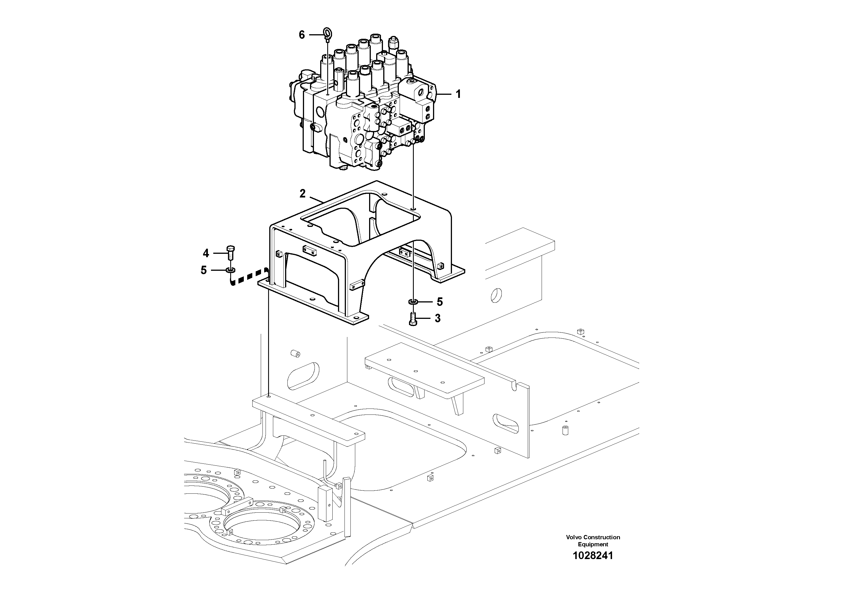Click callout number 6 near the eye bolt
pyautogui.click(x=302, y=35)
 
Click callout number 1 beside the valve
pyautogui.click(x=458, y=94)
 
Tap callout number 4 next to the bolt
pyautogui.click(x=206, y=253)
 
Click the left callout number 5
pyautogui.click(x=204, y=270)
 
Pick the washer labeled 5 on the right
pyautogui.click(x=413, y=302)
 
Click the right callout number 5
pyautogui.click(x=440, y=302)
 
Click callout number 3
pyautogui.click(x=438, y=318)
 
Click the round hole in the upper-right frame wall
pyautogui.click(x=496, y=294)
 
